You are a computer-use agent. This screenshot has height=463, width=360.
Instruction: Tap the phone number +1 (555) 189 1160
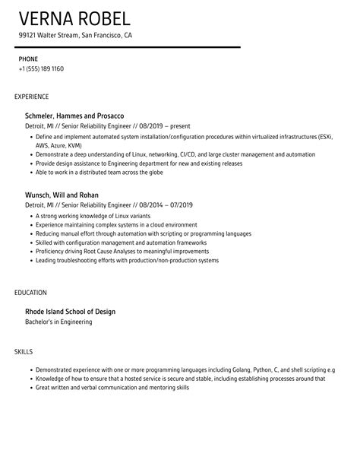tap(42, 68)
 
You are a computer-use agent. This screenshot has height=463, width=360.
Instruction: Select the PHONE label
tap(28, 58)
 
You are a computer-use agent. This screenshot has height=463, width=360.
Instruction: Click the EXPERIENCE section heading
tap(32, 97)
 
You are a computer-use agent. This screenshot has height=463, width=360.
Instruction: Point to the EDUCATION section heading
tap(30, 292)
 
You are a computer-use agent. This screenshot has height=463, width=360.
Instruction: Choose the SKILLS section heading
tap(24, 351)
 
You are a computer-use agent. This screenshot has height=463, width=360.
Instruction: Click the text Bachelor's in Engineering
tap(59, 322)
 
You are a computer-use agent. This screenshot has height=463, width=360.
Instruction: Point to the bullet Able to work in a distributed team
tap(105, 172)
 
